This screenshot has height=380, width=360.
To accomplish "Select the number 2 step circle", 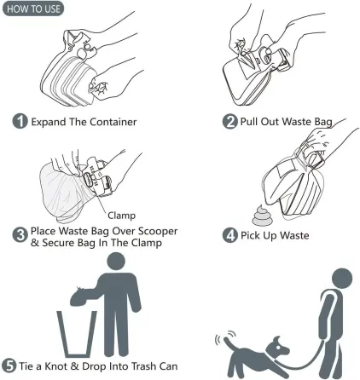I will [230, 122].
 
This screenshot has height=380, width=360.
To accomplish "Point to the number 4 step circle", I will [230, 236].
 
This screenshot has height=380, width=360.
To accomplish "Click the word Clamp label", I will [121, 216].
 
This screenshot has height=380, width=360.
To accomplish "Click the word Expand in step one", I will [50, 122].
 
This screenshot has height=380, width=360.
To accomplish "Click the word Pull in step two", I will [251, 122].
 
